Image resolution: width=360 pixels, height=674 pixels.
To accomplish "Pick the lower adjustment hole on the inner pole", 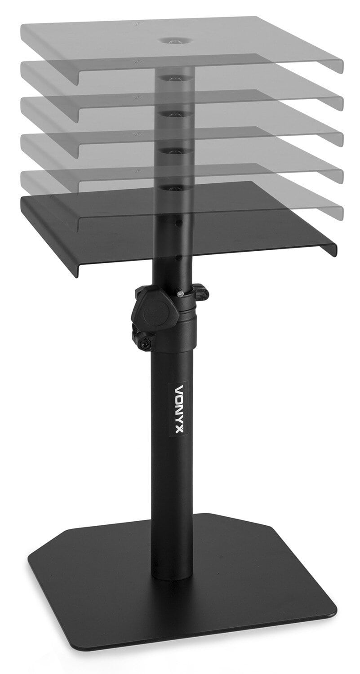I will click(179, 258).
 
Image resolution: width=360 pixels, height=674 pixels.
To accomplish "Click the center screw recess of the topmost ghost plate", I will click(173, 40).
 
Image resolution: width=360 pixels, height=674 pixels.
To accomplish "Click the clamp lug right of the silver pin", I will click(201, 293).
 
